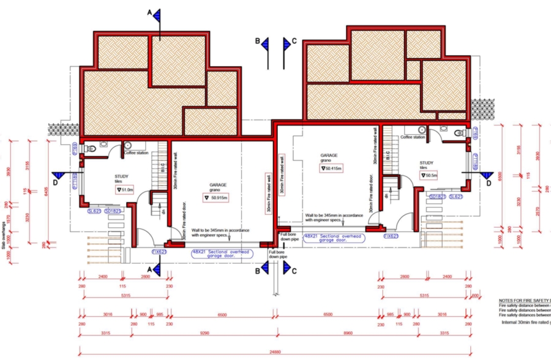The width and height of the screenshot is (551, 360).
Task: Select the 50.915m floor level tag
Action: tap(216, 197)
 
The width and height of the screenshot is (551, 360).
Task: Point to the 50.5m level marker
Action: tap(430, 175)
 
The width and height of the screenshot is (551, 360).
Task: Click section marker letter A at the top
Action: tap(149, 12)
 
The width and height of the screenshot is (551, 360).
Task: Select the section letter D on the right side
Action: tap(488, 182)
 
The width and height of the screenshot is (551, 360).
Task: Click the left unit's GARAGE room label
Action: tap(219, 184)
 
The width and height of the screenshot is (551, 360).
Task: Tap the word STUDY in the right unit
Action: tap(426, 163)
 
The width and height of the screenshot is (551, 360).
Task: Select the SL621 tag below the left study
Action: tap(94, 211)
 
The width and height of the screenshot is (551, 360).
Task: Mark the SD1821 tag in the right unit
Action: tap(437, 197)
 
